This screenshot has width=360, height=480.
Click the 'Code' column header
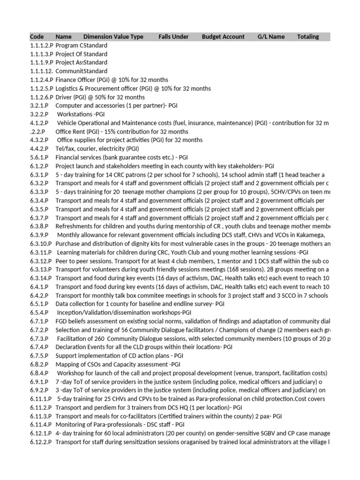[37, 37]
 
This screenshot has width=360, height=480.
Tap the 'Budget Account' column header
[223, 37]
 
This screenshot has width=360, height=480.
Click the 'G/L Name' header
[271, 37]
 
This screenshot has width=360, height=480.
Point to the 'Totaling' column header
[308, 37]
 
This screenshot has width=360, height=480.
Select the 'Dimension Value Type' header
[113, 37]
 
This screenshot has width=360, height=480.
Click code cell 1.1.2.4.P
[41, 80]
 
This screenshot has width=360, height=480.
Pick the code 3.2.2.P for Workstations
[39, 114]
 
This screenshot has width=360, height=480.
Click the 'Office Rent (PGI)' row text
[122, 132]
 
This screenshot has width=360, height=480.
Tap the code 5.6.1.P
[39, 157]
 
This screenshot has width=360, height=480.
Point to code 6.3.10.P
[41, 244]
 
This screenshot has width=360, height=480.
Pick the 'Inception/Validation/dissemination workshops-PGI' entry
[124, 313]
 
